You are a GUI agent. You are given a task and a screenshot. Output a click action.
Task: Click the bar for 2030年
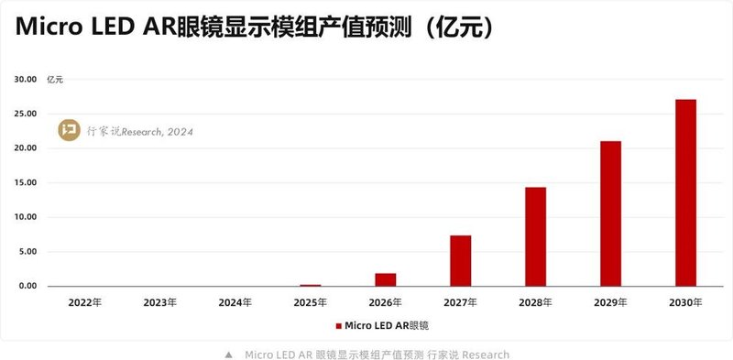point(685,192)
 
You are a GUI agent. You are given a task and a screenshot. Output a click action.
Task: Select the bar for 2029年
point(610,213)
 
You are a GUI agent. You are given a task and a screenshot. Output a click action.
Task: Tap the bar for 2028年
point(535,236)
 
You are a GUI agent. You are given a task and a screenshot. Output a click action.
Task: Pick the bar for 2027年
point(461,261)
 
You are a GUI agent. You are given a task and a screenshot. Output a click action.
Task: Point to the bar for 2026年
point(386,279)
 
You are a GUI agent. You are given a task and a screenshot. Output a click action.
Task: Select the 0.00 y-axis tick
point(27,287)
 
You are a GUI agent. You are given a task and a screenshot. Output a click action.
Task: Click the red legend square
point(338,325)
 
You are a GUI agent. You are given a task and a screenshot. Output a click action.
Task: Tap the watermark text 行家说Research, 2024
point(139,131)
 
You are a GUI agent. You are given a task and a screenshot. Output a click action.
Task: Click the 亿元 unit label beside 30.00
point(55,80)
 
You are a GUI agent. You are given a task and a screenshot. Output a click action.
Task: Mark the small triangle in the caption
point(228,355)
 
